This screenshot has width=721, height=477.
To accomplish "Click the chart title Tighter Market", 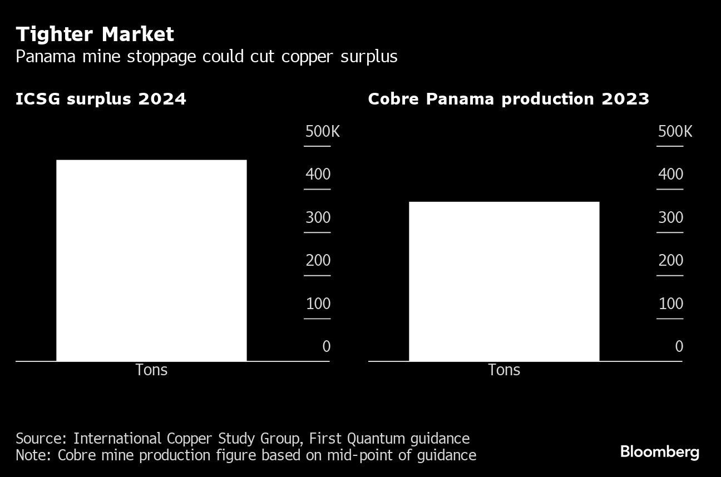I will (95, 34).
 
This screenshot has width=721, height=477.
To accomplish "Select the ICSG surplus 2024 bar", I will (151, 260).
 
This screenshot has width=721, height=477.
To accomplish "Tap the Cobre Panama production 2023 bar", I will (504, 281).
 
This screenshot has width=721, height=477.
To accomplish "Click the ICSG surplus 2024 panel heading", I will (101, 99).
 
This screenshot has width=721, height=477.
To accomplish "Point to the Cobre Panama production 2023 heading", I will (508, 99).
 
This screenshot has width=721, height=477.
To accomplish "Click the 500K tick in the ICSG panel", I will (322, 132).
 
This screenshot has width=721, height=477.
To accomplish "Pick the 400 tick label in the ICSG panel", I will (318, 175).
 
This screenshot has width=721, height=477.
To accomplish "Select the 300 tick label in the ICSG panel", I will (318, 217).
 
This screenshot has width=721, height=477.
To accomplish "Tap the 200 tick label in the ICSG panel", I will (318, 260).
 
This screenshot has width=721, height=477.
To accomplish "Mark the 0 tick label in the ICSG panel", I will (326, 346).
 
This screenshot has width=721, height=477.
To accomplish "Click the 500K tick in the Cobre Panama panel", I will (675, 132).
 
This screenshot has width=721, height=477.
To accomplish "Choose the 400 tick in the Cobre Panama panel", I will (670, 175).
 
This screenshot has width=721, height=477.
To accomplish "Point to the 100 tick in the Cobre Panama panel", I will (670, 304).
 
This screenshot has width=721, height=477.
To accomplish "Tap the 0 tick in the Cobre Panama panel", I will (679, 346).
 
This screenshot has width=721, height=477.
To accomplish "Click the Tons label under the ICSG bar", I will (151, 370).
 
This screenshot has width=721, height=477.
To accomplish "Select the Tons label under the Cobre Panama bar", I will (504, 370).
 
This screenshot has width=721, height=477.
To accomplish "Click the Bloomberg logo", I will (659, 451).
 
